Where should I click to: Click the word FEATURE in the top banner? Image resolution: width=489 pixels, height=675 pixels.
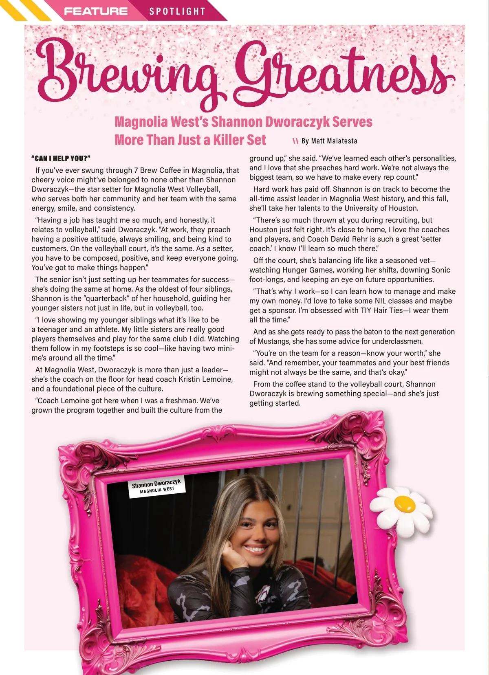pos(96,11)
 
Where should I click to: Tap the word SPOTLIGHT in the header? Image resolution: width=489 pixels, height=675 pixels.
pos(177,11)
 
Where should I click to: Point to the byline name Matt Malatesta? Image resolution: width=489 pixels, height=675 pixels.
pos(334,141)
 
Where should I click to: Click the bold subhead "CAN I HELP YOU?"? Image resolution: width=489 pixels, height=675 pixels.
pos(61,158)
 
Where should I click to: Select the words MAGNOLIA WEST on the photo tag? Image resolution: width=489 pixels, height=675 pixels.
pos(157,490)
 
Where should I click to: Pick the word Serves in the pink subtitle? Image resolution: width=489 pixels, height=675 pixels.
pos(352,122)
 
